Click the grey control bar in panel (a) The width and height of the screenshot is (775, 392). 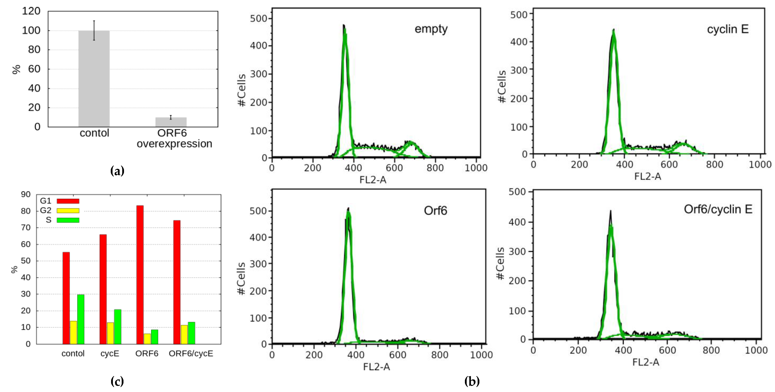click(94, 78)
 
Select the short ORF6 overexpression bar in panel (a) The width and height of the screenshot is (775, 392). click(171, 122)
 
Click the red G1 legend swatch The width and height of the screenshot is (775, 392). click(68, 201)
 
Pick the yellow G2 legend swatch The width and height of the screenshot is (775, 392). click(68, 211)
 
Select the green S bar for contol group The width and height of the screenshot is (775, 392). click(81, 319)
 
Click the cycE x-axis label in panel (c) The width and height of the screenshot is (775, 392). click(110, 353)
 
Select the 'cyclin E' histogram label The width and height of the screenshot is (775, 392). click(727, 29)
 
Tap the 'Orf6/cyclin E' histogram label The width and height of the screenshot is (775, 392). click(718, 209)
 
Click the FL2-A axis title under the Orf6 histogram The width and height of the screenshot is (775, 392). click(376, 367)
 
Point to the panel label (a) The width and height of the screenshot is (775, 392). click(117, 171)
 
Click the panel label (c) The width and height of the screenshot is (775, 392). click(117, 381)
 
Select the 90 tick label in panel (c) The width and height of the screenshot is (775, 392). click(26, 194)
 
